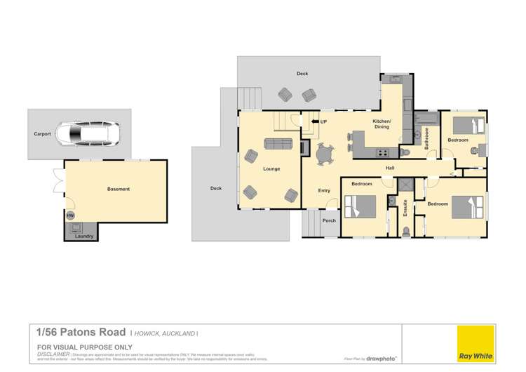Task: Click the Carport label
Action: coord(42,133)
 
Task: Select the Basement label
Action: coord(118,189)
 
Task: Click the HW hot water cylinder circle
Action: coord(70,215)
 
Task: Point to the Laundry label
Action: coord(83,237)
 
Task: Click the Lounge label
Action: coord(271,169)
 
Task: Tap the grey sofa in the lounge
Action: coord(278,144)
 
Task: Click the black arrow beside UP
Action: coord(314,122)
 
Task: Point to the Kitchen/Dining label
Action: coord(382,124)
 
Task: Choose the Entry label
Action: coord(324,190)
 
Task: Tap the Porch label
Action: coord(329,220)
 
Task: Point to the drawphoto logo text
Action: coord(383,358)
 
